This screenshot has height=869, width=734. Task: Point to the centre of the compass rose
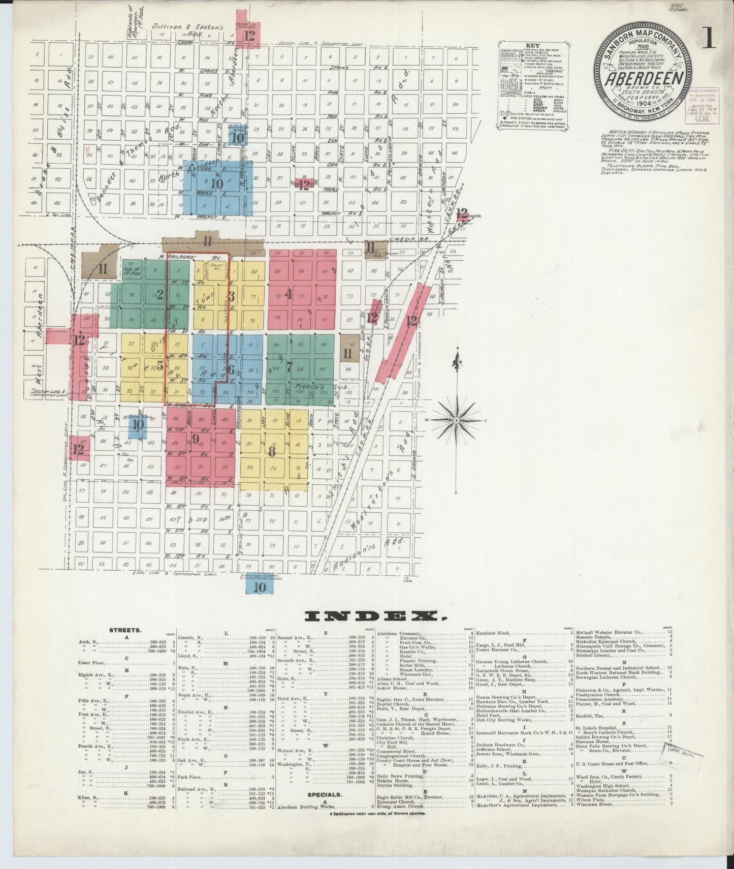(x=457, y=421)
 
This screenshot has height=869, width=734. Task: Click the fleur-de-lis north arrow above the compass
(x=457, y=363)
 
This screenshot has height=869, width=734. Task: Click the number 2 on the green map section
(x=159, y=294)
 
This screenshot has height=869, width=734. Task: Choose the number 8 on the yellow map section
(x=272, y=451)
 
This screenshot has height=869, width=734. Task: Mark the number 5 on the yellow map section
(x=159, y=365)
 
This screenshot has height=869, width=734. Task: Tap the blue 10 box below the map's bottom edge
(x=259, y=587)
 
